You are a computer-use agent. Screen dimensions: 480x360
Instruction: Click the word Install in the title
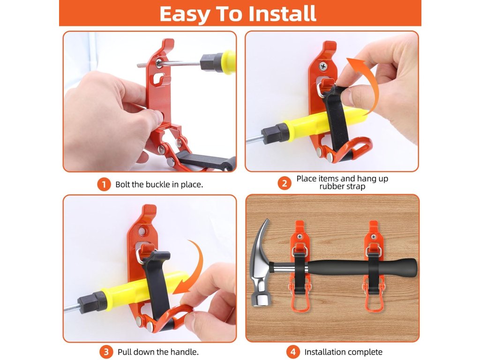tap(282, 14)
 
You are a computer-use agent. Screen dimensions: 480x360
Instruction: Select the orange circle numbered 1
tap(104, 184)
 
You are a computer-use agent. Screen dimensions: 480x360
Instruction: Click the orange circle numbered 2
tap(285, 183)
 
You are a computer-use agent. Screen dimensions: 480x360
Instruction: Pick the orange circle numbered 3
tap(106, 352)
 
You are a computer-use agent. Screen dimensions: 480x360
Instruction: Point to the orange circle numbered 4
tap(293, 352)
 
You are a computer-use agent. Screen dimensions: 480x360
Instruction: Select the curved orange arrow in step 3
tap(196, 266)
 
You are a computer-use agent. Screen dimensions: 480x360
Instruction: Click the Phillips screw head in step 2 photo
tap(323, 66)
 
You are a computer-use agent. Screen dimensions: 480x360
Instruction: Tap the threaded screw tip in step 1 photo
tap(142, 65)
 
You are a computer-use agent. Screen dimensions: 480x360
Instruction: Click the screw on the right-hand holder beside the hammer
tap(373, 237)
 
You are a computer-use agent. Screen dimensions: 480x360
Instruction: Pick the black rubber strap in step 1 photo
tap(206, 161)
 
